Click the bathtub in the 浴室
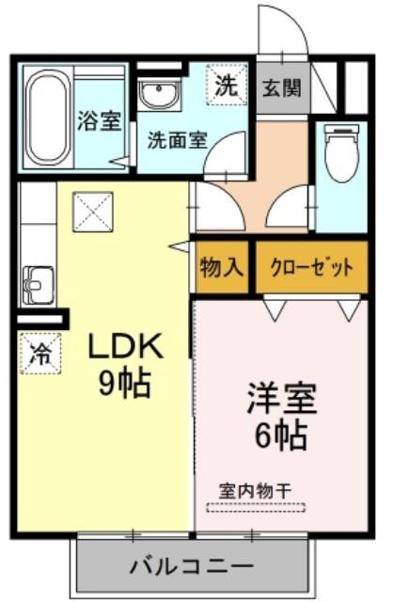click(48, 118)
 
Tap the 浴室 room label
click(100, 120)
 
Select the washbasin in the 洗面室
click(159, 94)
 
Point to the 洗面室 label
click(178, 140)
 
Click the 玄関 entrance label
click(282, 88)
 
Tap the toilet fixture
click(341, 152)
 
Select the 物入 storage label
click(222, 267)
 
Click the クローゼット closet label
click(311, 267)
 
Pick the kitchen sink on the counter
click(38, 285)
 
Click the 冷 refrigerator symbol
click(40, 354)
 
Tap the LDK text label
click(124, 346)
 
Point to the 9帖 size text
click(124, 383)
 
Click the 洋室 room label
click(282, 398)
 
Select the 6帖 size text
click(282, 436)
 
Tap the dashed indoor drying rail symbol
click(256, 507)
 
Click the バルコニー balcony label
click(192, 566)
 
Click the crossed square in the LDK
click(93, 212)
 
